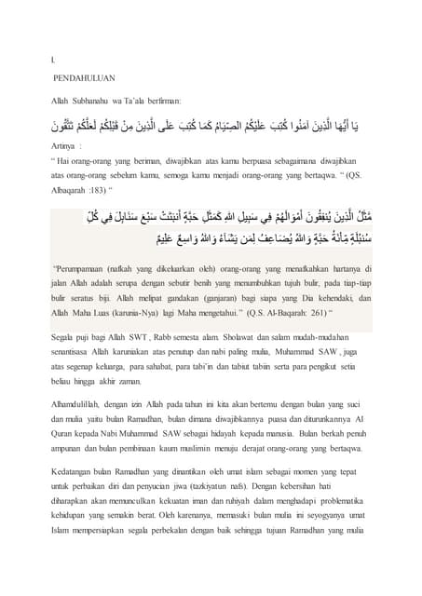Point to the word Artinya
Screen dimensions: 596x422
65,147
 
